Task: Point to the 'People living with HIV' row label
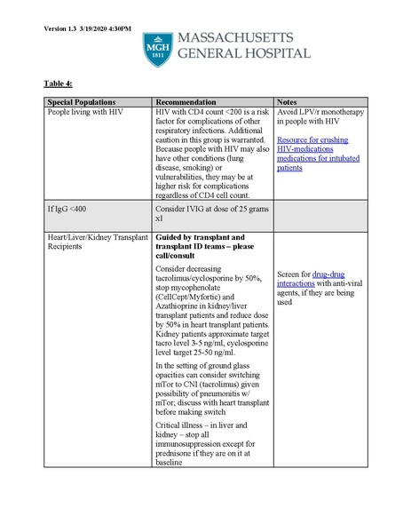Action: click(87, 114)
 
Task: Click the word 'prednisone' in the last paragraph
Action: click(180, 452)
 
